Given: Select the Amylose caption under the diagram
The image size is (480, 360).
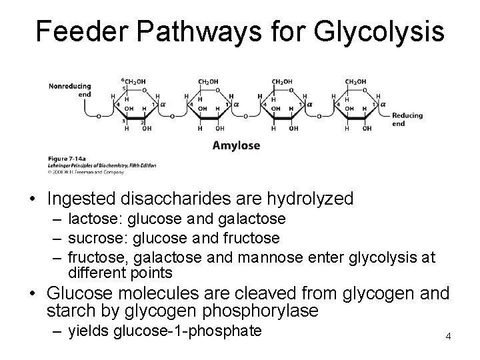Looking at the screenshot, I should [x=236, y=145].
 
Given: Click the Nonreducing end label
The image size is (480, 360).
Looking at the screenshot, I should [x=69, y=89].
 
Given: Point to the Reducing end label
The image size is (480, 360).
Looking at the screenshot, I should [x=407, y=119].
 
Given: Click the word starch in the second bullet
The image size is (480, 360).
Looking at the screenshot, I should [x=70, y=311].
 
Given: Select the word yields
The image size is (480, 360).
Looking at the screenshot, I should [x=89, y=331].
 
